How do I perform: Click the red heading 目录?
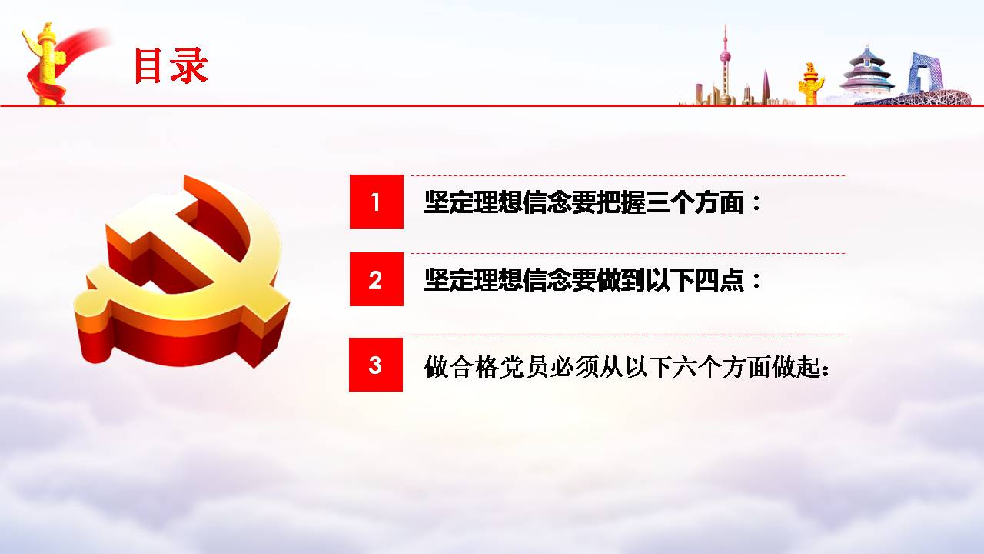pyautogui.click(x=171, y=65)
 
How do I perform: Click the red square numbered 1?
pyautogui.click(x=377, y=202)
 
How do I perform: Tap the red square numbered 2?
pyautogui.click(x=377, y=279)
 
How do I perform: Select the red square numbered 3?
pyautogui.click(x=376, y=365)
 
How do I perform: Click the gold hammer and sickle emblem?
pyautogui.click(x=181, y=272)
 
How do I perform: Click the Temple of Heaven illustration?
pyautogui.click(x=866, y=72)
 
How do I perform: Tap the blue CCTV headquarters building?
pyautogui.click(x=925, y=74)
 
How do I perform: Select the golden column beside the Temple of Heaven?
pyautogui.click(x=810, y=84)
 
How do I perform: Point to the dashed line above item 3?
pyautogui.click(x=627, y=335)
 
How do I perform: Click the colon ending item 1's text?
pyautogui.click(x=756, y=203)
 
